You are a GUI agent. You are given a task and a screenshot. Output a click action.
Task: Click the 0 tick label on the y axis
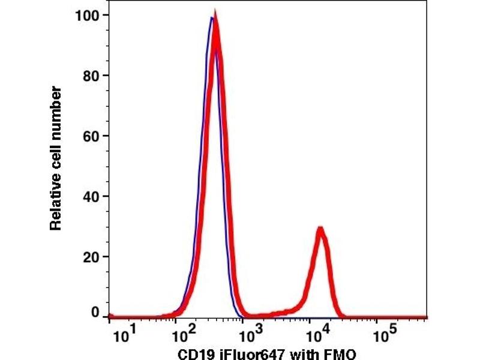point(94,313)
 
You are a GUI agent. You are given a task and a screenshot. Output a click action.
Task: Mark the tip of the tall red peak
point(215,14)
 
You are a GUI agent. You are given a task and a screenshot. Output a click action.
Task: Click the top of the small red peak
point(321,229)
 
